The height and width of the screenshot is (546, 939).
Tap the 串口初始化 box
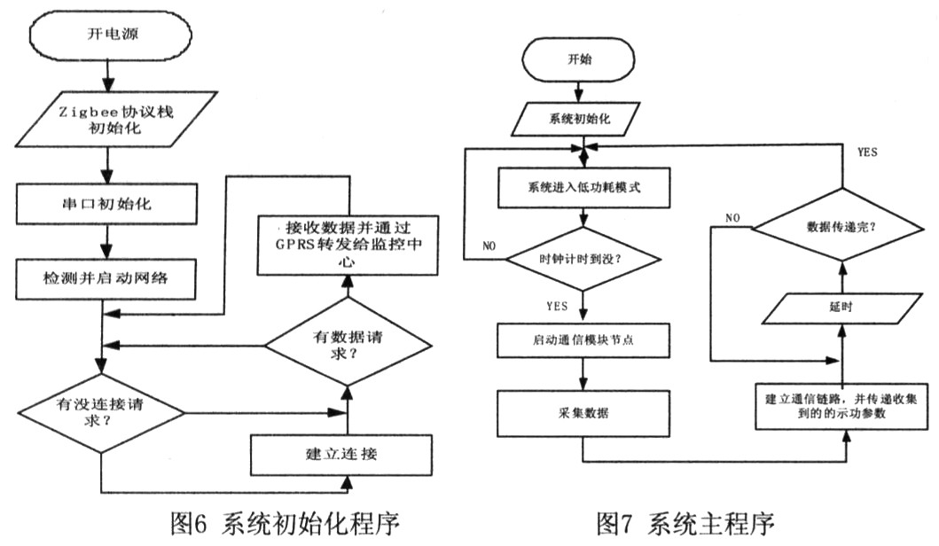point(106,203)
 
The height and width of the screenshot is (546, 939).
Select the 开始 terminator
point(579,61)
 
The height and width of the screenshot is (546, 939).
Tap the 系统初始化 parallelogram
point(581,115)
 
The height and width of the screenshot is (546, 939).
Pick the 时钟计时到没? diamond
point(583,258)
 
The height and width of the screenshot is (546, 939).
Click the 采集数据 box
point(582,414)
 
